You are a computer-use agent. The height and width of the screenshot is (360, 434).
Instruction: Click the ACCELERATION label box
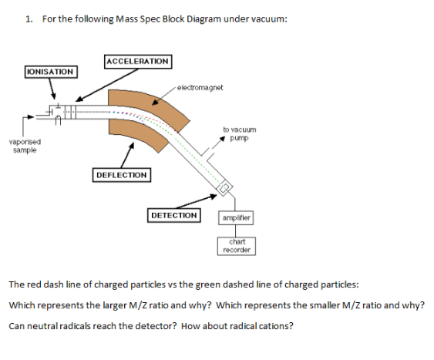[137, 61]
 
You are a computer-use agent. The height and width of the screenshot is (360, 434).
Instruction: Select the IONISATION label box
[50, 72]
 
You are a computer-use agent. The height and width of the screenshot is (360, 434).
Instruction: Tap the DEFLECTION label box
[121, 175]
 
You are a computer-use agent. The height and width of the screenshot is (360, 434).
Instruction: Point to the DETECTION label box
[173, 215]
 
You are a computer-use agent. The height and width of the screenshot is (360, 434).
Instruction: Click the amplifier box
[237, 218]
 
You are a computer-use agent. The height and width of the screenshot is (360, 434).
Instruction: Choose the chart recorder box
[237, 246]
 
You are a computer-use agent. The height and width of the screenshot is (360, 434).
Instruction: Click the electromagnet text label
[200, 88]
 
